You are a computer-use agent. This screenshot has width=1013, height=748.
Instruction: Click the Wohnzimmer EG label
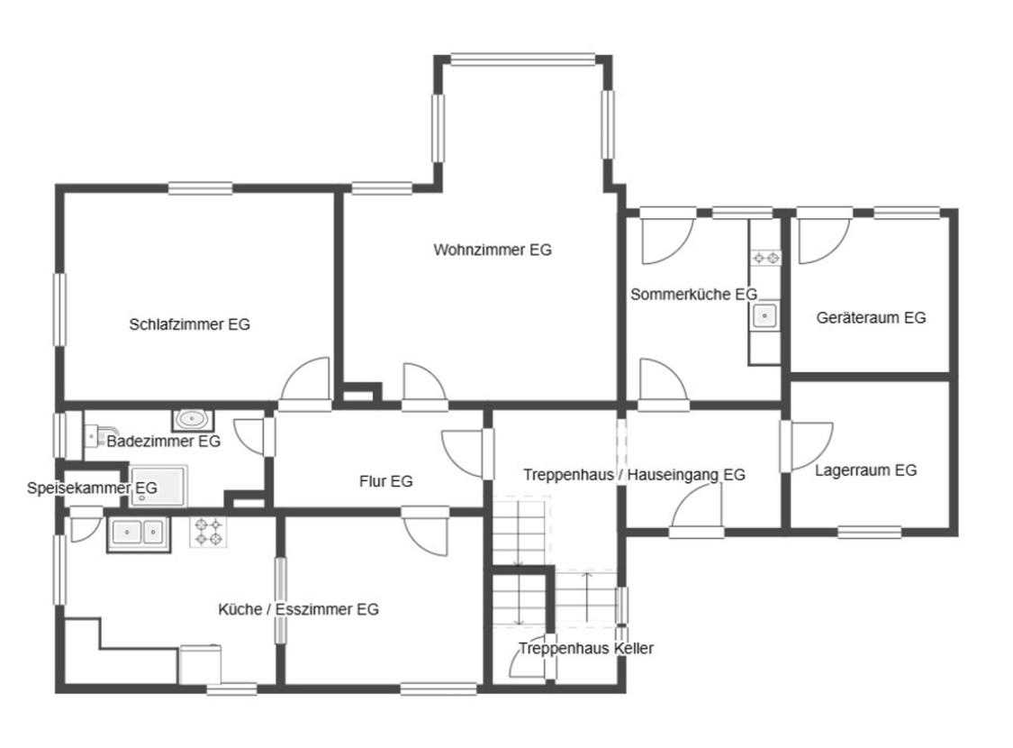click(x=493, y=250)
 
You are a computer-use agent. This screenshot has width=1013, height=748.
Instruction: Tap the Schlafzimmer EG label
click(x=189, y=324)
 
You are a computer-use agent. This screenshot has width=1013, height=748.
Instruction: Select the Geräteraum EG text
click(x=871, y=317)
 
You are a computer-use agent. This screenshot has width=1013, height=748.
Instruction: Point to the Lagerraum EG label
click(x=865, y=470)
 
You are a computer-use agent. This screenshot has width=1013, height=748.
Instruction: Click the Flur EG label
click(x=385, y=481)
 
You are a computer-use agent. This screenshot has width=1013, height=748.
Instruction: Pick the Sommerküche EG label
click(x=693, y=294)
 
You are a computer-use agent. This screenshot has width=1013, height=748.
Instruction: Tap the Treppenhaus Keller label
click(x=586, y=648)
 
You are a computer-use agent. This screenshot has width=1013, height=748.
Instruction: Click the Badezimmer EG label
click(x=164, y=442)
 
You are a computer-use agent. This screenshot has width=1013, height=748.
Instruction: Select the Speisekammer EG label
click(x=92, y=488)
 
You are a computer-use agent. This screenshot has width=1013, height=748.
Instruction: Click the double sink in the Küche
click(x=139, y=533)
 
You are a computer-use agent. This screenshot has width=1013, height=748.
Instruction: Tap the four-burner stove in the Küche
click(x=209, y=532)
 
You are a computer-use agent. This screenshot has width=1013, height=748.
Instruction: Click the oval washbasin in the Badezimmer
click(x=193, y=420)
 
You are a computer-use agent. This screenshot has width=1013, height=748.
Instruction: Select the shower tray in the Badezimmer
click(x=158, y=486)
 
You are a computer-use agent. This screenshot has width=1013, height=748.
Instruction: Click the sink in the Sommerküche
click(x=764, y=316)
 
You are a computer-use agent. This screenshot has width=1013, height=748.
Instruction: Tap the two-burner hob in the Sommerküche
click(x=765, y=258)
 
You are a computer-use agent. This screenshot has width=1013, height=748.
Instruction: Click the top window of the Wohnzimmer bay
click(x=522, y=60)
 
